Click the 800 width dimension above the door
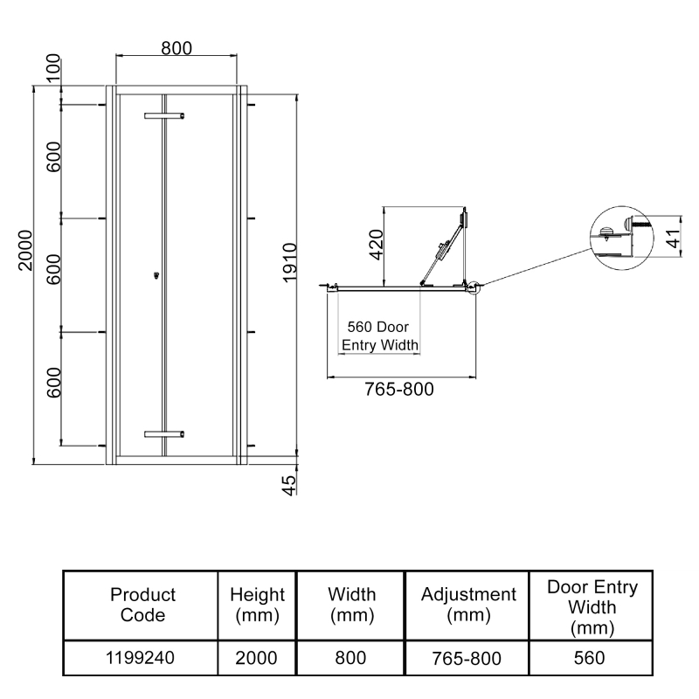(176, 49)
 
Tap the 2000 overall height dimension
(25, 249)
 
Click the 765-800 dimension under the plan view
(398, 389)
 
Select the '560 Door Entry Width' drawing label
(380, 336)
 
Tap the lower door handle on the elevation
(165, 433)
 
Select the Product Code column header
(142, 604)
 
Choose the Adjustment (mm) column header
(468, 604)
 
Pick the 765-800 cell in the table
(468, 657)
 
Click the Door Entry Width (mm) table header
(592, 606)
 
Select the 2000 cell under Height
(257, 657)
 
